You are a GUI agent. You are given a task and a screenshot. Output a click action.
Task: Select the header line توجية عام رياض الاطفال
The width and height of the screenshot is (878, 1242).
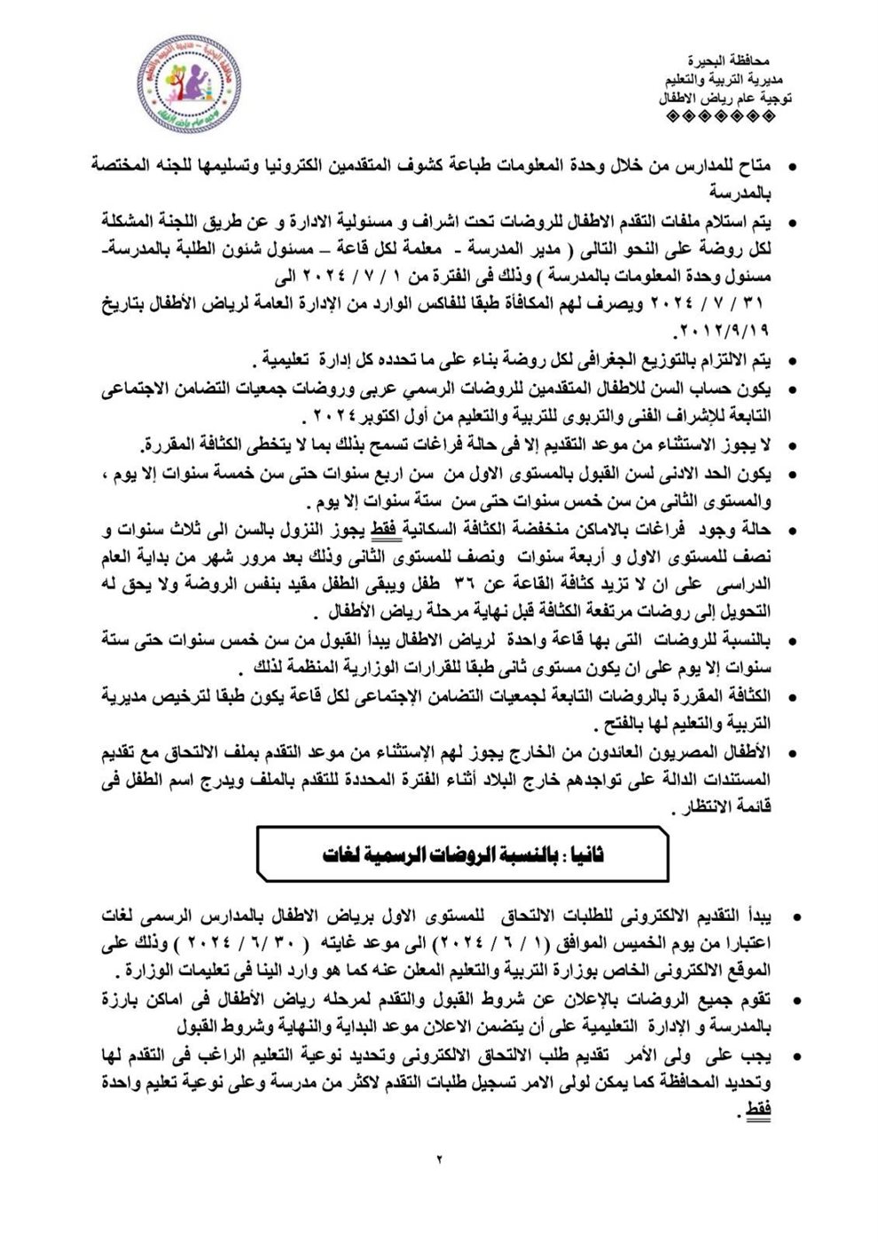tap(725, 98)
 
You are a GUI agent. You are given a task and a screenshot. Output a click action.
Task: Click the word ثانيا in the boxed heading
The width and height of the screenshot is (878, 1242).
tap(586, 854)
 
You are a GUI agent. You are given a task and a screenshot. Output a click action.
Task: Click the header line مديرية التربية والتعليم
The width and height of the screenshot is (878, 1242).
tap(728, 80)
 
